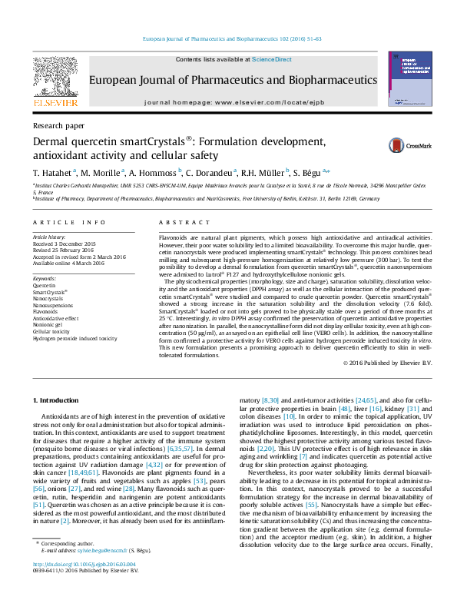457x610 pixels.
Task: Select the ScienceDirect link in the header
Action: pos(272,59)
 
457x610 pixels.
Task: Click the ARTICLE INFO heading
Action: pos(69,222)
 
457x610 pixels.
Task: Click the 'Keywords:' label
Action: pos(45,278)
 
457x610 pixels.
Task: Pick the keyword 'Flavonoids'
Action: pos(45,311)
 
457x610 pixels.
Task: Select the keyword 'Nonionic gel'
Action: pos(47,324)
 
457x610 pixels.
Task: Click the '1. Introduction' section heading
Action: pos(58,401)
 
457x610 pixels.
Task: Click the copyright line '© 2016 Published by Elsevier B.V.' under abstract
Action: pos(387,362)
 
